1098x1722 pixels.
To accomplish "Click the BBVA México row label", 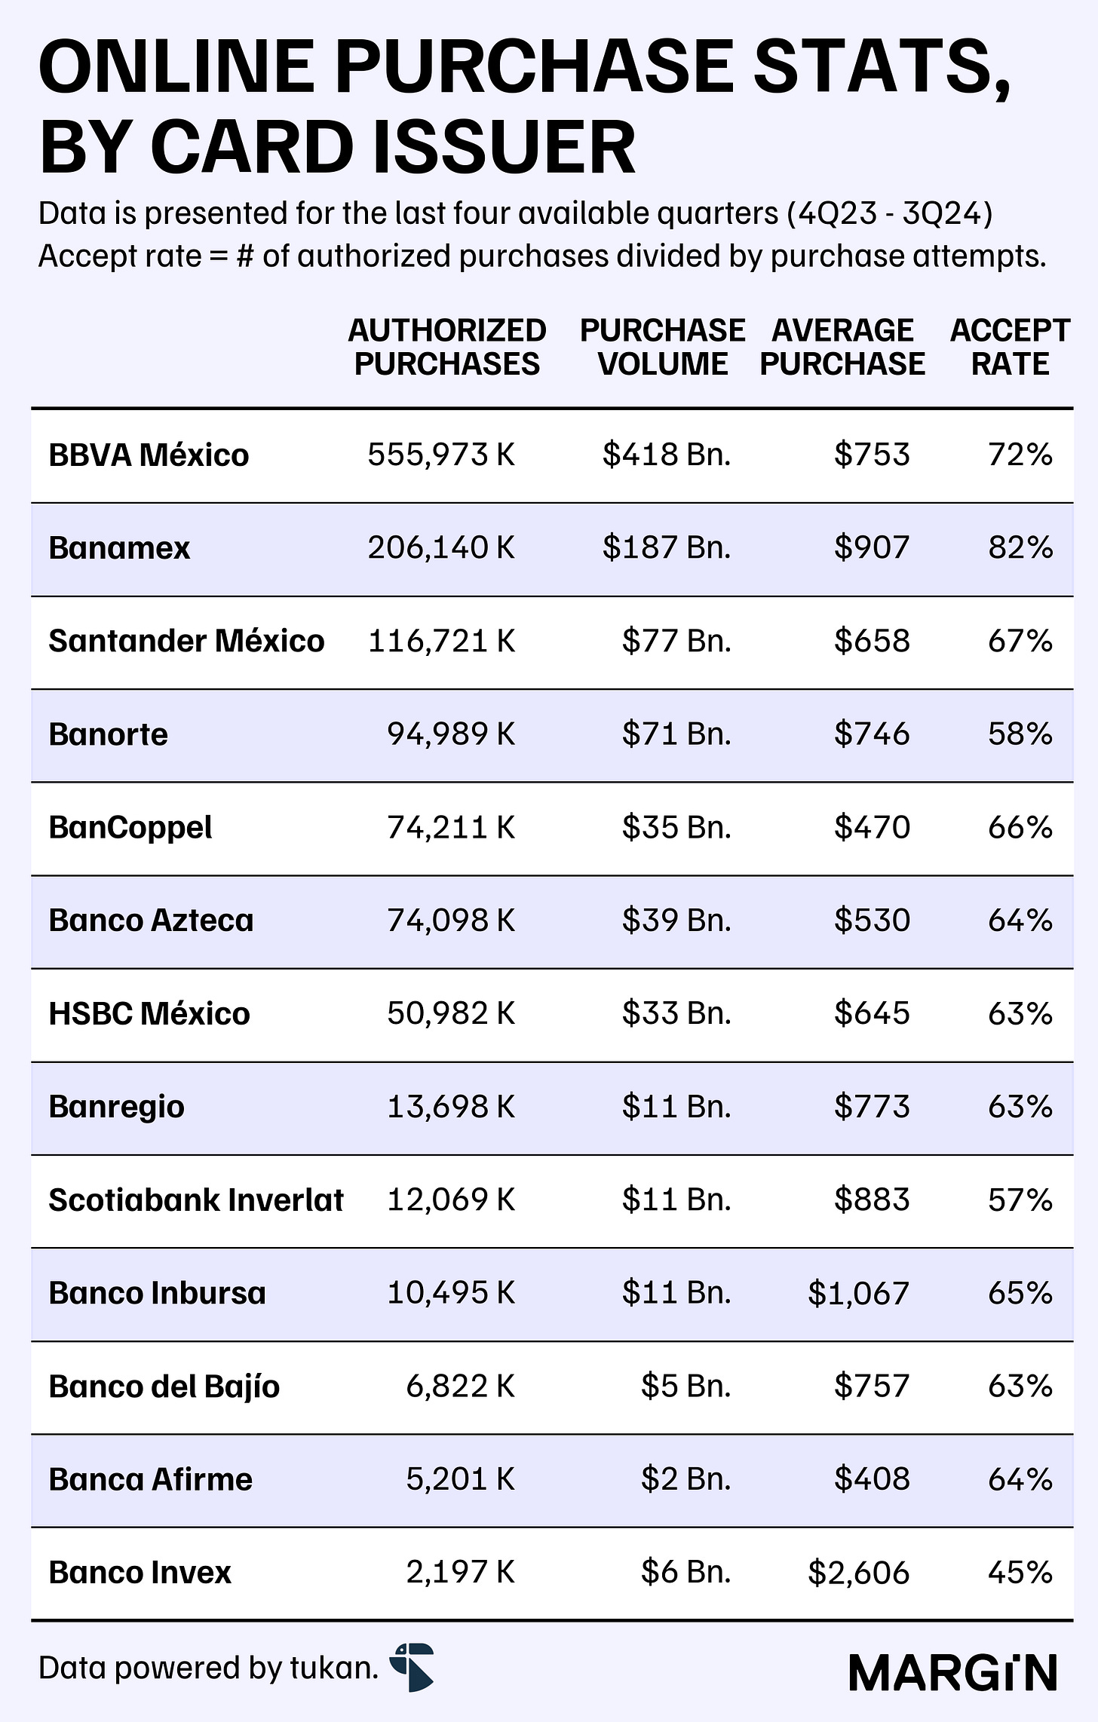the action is pos(149,455).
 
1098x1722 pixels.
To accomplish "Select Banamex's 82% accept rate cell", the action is pos(1020,548).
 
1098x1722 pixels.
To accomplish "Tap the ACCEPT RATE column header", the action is pos(1010,348).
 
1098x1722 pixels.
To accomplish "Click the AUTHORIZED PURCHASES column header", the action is pos(447,348).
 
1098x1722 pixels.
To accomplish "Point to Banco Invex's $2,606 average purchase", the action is pos(858,1572).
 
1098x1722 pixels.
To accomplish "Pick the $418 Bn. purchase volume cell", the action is pos(667,455).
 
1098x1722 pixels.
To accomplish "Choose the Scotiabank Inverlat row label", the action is pos(196,1200).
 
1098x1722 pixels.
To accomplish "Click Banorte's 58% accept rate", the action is pos(1020,734).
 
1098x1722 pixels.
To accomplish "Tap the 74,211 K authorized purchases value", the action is pos(451,828).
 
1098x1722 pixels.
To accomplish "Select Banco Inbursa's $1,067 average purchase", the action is pos(858,1294).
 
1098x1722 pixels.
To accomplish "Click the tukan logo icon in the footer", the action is pos(412,1667).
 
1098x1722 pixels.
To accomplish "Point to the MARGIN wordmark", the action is pos(953,1673).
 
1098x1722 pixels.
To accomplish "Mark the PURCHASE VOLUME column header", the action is pos(663,348).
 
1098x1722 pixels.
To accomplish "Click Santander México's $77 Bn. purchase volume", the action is pos(676,642).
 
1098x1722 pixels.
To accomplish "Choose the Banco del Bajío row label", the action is pos(164,1387).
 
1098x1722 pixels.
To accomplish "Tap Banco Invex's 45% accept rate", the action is pos(1020,1572).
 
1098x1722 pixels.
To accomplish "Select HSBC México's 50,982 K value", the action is pos(451,1014).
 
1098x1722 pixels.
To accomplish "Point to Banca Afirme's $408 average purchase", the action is pos(872,1479).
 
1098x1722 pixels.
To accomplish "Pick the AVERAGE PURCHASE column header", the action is pos(842,348).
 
